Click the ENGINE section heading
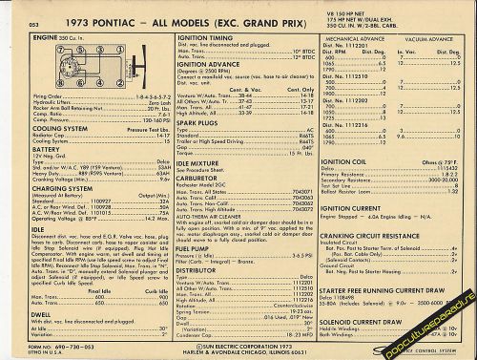pyautogui.click(x=44, y=36)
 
